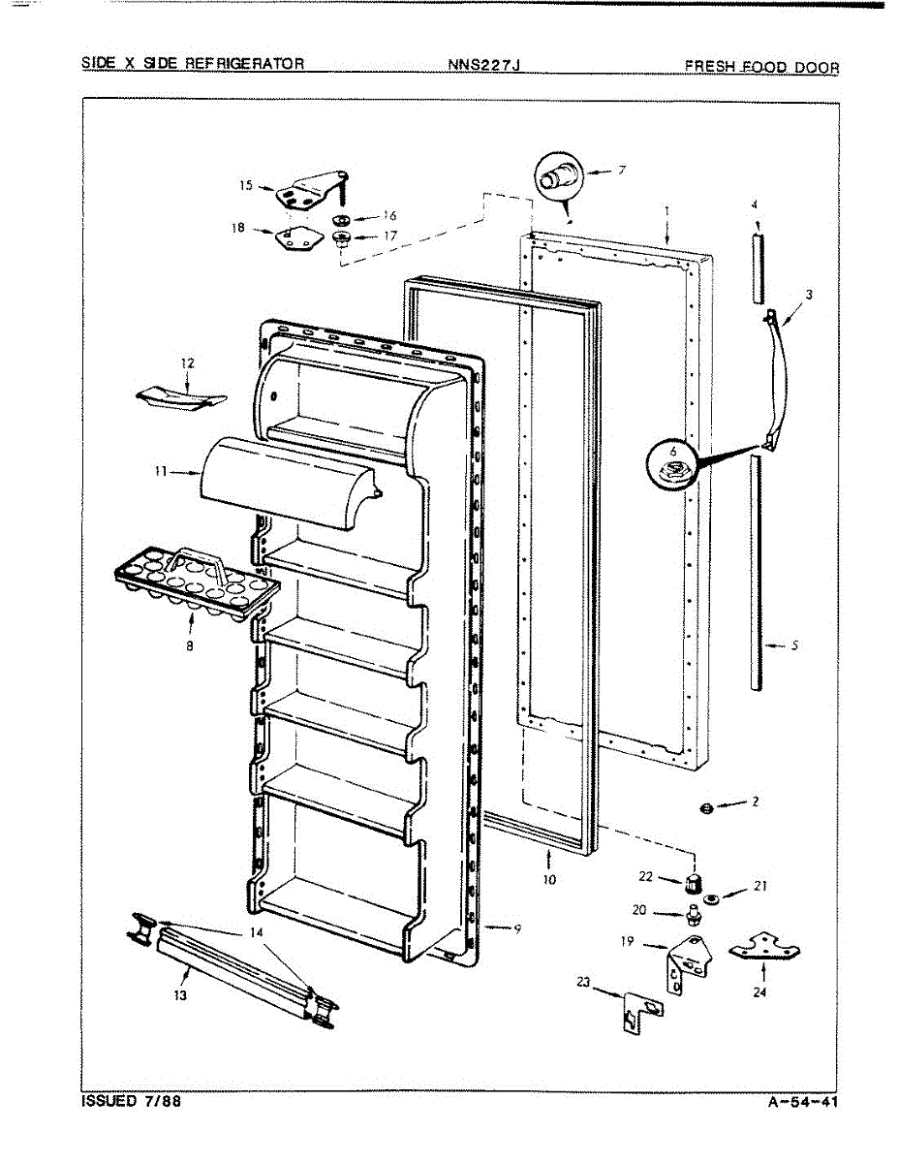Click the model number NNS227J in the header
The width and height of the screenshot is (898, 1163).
(485, 66)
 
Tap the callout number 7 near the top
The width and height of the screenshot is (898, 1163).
(620, 171)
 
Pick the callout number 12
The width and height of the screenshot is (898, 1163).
(187, 363)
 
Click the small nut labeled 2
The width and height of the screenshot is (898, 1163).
(707, 807)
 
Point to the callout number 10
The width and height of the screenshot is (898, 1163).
(549, 881)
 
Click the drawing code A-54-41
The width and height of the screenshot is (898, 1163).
(803, 1102)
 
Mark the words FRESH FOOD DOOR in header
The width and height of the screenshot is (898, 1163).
(761, 66)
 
